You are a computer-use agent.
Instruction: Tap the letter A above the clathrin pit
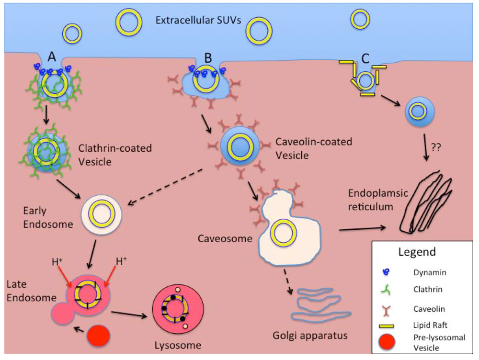point(52,57)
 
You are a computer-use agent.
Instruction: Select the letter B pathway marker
point(207,58)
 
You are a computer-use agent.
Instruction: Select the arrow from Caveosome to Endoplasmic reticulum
point(369,229)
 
